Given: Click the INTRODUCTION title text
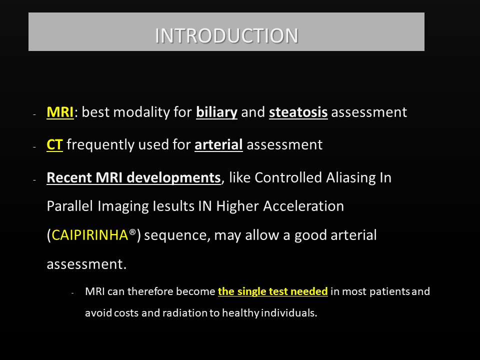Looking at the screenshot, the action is pos(226,35).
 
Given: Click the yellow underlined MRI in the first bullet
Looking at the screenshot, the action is pos(60,112).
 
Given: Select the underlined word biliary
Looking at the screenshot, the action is pos(216,112).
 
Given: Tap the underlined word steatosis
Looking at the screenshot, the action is pos(298,112).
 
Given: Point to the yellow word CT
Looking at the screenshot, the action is pos(54,144).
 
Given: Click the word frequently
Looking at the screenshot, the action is pos(100,145).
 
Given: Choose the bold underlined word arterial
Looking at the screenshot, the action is pos(218,144).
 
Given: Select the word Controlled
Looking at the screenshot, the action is pos(288,177).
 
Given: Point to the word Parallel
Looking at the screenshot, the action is pos(70,206).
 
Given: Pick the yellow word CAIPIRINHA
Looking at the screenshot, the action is pos(89,235).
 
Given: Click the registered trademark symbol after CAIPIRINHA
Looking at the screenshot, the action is pos(132,232).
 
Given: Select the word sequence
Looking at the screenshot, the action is pos(177,235).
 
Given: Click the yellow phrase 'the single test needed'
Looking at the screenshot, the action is pos(273,291).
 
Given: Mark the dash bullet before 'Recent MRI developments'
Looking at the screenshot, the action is pos(34,179).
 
